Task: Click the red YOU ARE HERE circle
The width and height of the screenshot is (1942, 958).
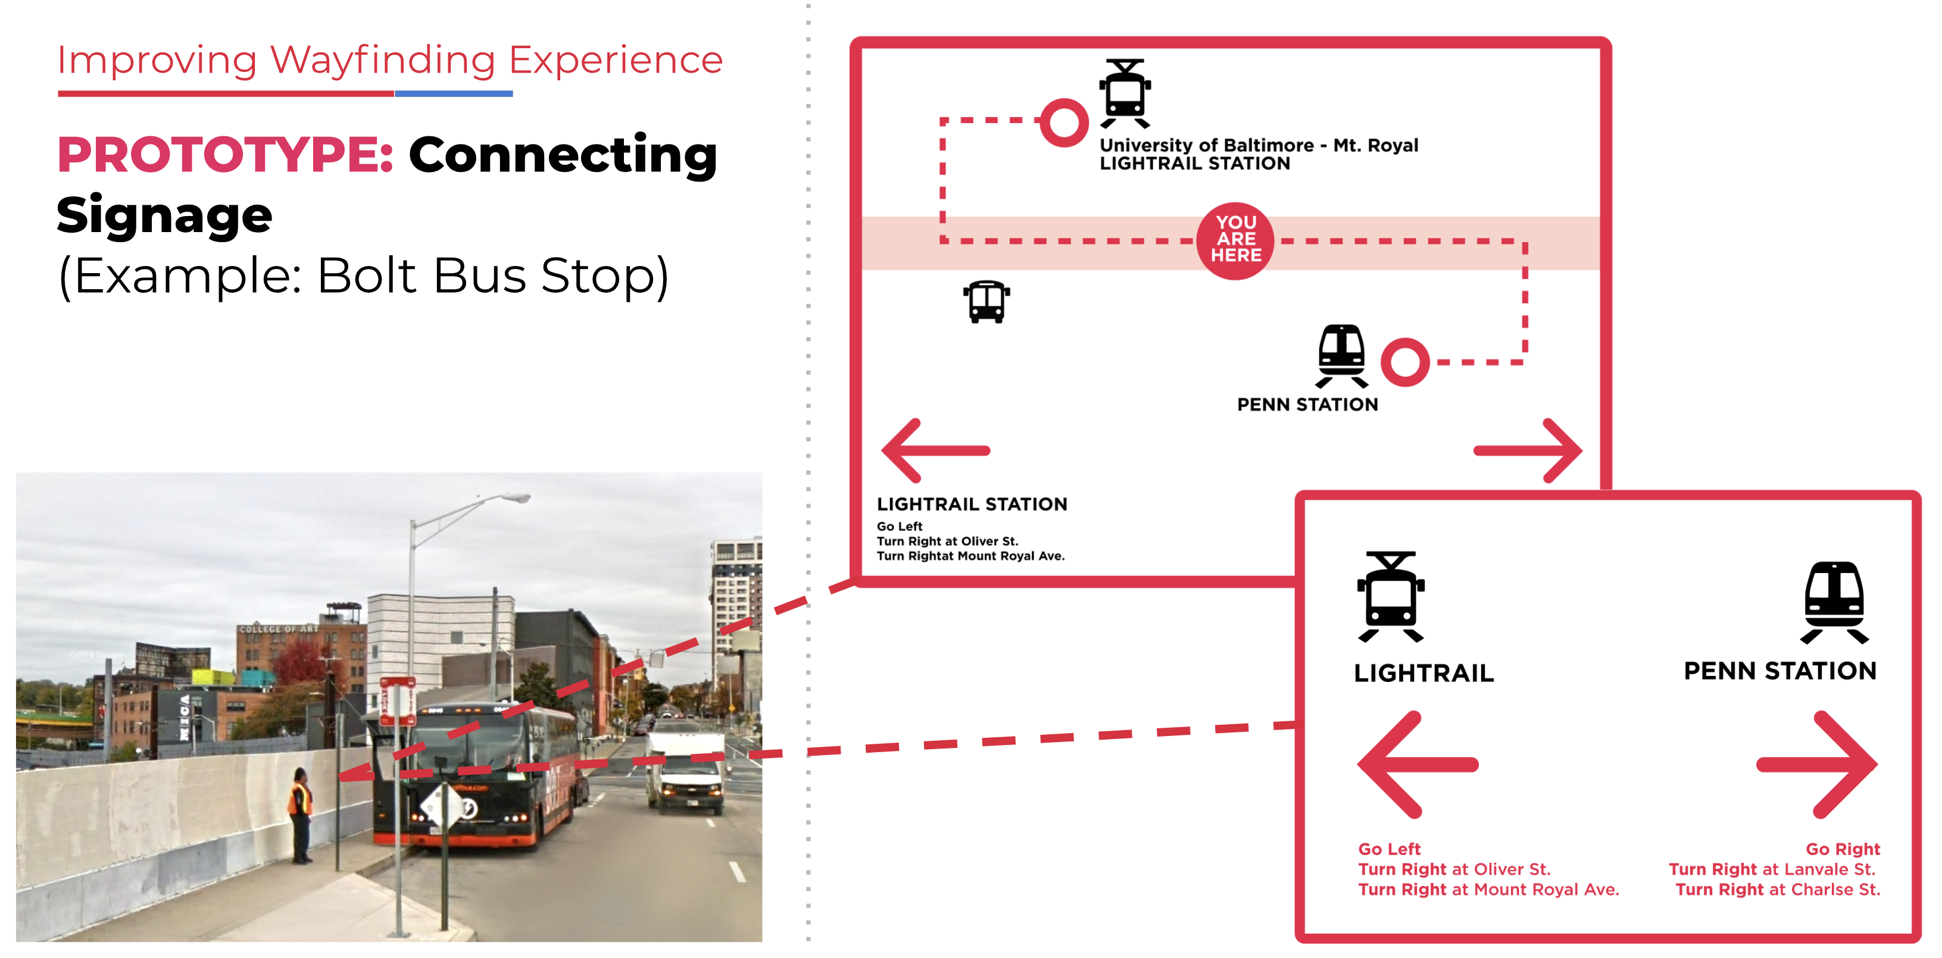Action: (x=1235, y=240)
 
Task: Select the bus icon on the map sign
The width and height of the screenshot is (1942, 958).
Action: (x=986, y=302)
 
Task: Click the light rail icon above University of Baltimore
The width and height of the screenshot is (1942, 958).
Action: (x=1125, y=93)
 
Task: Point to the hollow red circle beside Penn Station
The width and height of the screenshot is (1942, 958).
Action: (x=1404, y=362)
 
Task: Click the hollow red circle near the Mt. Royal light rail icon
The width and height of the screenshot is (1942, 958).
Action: (x=1064, y=122)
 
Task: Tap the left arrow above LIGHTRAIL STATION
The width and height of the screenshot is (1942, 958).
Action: (x=935, y=450)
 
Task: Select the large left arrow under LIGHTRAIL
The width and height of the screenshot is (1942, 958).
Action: (x=1418, y=764)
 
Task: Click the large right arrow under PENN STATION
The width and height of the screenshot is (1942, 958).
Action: (x=1817, y=764)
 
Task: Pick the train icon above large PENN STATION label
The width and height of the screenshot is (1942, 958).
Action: (x=1834, y=602)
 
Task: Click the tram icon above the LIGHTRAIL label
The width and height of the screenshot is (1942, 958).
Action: (x=1391, y=596)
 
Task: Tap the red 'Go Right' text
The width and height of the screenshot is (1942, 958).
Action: (x=1842, y=849)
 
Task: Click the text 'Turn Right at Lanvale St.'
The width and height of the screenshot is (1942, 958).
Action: (x=1771, y=869)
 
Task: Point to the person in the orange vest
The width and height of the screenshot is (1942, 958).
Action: (x=300, y=814)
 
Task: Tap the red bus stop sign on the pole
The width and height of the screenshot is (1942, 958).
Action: (x=397, y=700)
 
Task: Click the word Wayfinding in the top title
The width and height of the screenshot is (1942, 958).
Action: (x=382, y=60)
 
